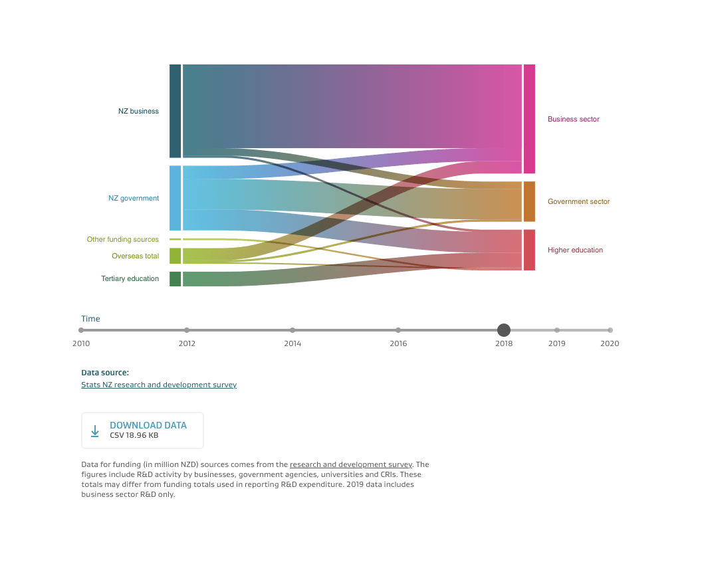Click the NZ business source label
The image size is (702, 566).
point(138,112)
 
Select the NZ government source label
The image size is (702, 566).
point(134,198)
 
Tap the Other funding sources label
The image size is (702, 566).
point(123,239)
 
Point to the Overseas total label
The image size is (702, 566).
point(135,256)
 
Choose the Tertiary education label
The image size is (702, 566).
point(130,279)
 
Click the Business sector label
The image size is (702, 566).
point(573,120)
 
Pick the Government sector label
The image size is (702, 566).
point(578,202)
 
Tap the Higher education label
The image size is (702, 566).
point(575,250)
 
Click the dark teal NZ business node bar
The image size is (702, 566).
point(175,111)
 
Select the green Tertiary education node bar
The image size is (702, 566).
point(175,279)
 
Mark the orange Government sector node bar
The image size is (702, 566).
point(529,201)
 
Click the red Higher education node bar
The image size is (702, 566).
point(529,250)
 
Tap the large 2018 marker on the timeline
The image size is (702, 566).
point(504,330)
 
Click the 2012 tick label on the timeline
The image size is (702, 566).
point(187,344)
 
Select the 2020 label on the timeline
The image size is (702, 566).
point(610,344)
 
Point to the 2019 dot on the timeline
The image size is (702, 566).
point(557,330)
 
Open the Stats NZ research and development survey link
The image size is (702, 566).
point(159,385)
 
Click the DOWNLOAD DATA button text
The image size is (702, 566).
point(148,426)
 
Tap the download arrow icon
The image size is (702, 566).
point(95,431)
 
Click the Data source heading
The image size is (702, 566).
point(105,373)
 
